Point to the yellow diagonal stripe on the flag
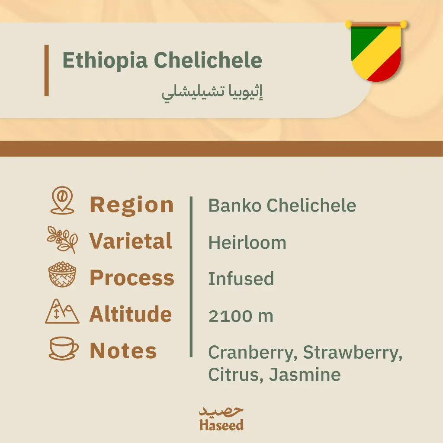coord(376,54)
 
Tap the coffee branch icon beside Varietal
coord(62,239)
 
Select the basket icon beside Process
coord(62,276)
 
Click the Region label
coord(132,205)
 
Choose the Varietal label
coord(131,241)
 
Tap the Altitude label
coord(130,314)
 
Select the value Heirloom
coord(247,243)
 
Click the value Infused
coord(241,279)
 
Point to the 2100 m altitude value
coord(241,316)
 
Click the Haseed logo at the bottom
coord(221,419)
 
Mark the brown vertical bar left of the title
coord(46,70)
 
